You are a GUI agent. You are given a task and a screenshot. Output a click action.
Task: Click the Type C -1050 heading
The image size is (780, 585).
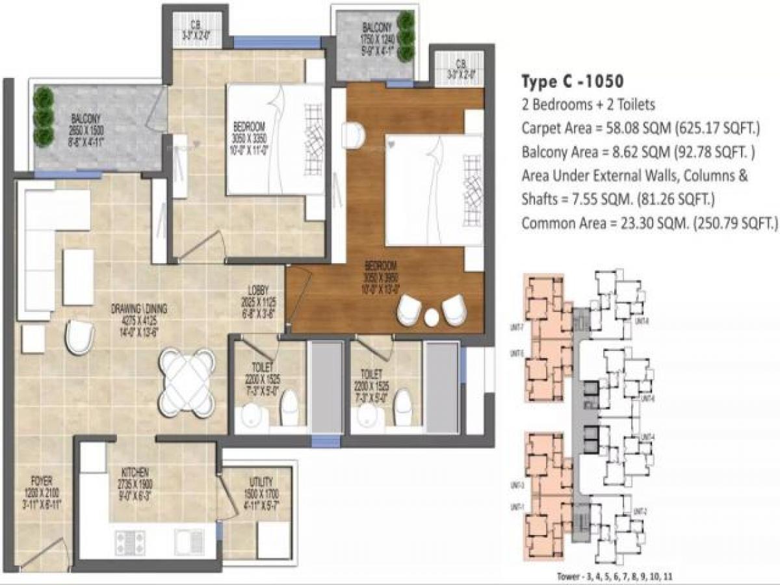573,81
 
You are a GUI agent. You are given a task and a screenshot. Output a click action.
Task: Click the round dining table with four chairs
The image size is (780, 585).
187,382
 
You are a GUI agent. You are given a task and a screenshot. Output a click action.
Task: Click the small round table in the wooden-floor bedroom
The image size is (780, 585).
432,317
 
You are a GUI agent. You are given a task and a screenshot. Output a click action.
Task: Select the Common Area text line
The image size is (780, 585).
649,223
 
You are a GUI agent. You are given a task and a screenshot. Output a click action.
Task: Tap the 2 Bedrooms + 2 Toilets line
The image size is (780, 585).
588,104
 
